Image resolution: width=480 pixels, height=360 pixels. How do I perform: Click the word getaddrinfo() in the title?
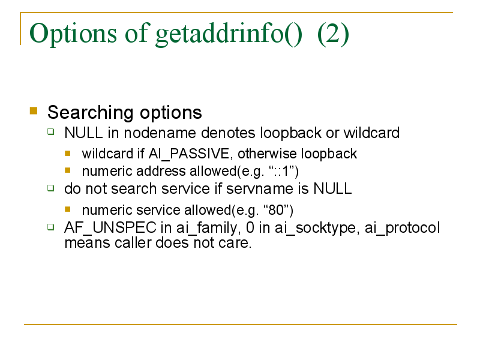[x=229, y=34]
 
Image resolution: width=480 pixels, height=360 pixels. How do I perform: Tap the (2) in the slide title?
[x=333, y=34]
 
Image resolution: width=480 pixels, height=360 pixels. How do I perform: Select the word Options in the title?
[x=73, y=34]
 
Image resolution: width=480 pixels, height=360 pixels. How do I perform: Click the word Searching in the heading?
[x=91, y=113]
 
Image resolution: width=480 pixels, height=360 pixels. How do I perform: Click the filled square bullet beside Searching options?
[x=34, y=110]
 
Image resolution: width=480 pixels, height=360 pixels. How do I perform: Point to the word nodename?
[x=160, y=133]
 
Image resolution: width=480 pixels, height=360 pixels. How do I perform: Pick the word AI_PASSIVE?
[x=188, y=154]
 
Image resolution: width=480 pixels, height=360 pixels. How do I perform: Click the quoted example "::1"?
[x=283, y=171]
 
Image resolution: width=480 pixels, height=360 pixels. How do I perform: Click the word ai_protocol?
[x=402, y=229]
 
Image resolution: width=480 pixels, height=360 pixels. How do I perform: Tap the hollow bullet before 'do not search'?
[x=51, y=188]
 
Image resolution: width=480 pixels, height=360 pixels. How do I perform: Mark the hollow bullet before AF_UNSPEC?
[x=51, y=227]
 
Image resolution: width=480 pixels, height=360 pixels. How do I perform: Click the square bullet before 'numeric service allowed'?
[x=68, y=209]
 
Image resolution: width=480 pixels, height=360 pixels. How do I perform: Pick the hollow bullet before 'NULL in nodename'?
[x=51, y=132]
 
